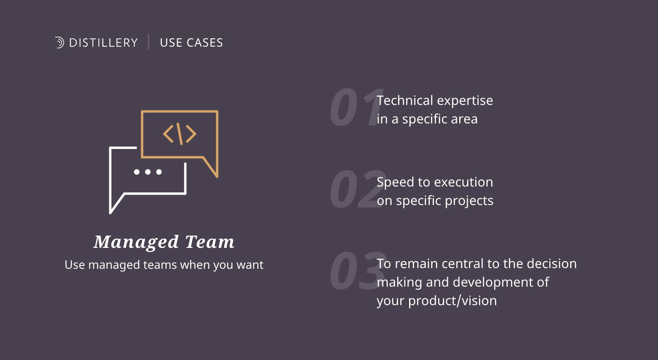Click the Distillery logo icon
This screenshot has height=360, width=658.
pos(60,43)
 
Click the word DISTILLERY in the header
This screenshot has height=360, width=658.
pos(103,43)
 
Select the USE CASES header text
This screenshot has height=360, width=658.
pos(191,43)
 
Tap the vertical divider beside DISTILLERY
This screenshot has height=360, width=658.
pos(148,42)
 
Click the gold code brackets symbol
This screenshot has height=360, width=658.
pos(180,134)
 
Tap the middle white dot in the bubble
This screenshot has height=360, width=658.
pos(148,172)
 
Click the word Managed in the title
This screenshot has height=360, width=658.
pos(136,242)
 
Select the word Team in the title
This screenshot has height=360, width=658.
pos(210,242)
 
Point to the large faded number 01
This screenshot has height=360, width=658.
pos(356,107)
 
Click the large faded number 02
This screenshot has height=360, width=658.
pos(358,189)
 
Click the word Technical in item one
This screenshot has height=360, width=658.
pos(405,100)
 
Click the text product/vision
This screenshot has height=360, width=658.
pos(452,301)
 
